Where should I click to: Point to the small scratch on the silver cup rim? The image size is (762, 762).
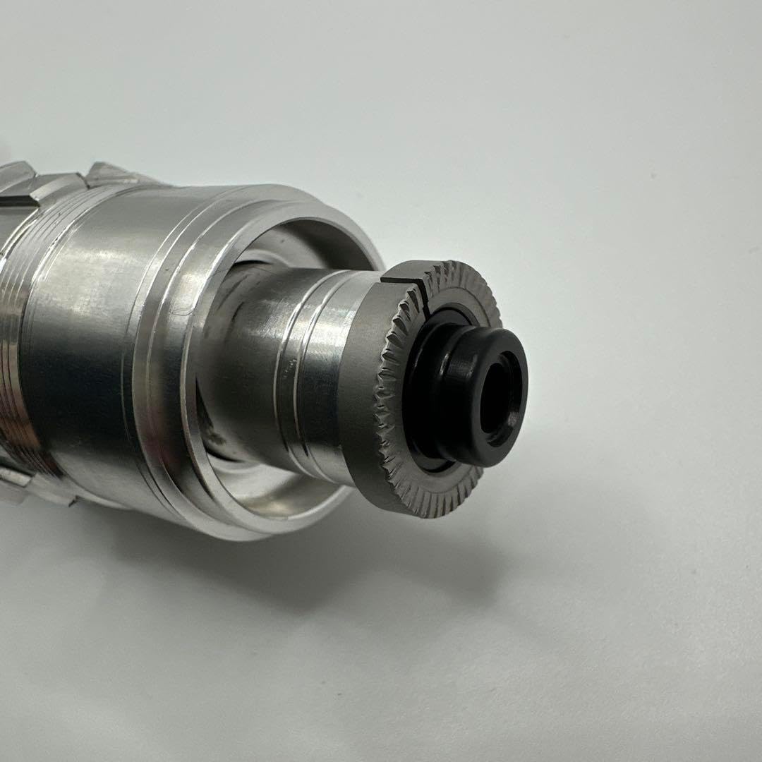click(x=185, y=310)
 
